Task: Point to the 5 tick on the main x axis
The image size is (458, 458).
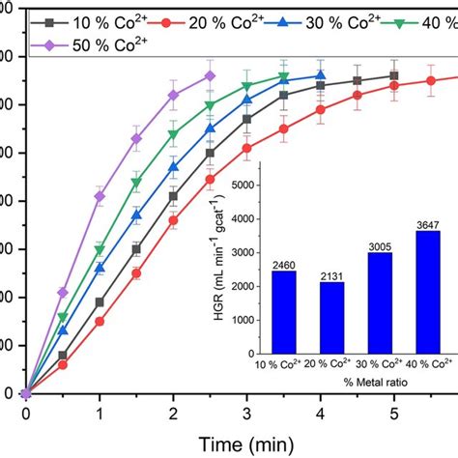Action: click(393, 415)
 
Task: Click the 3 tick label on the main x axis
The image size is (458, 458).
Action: click(246, 415)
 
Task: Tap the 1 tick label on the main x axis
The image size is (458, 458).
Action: click(100, 415)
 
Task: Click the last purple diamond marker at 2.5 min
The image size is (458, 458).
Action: click(211, 75)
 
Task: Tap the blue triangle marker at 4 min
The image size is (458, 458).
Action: click(321, 75)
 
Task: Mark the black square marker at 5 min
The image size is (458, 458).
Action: click(393, 75)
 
